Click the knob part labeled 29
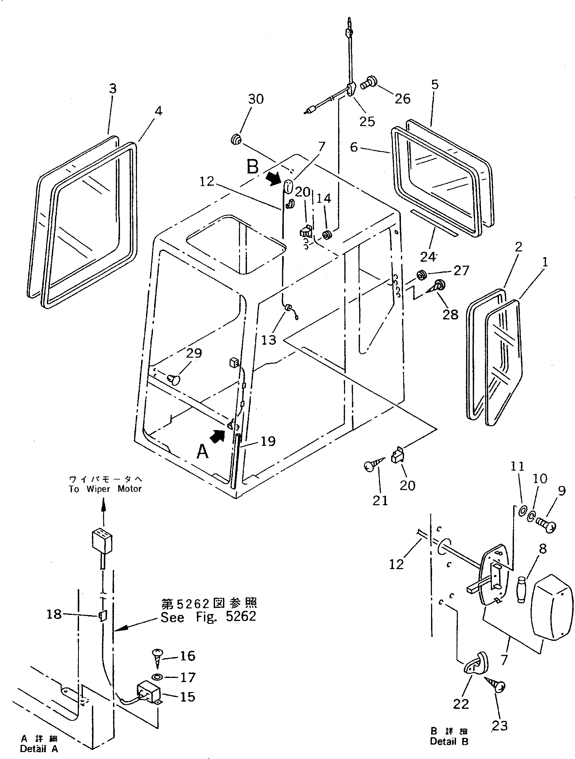pos(174,379)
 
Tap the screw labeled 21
pos(373,466)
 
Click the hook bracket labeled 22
pos(474,664)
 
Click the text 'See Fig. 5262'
pos(208,617)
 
